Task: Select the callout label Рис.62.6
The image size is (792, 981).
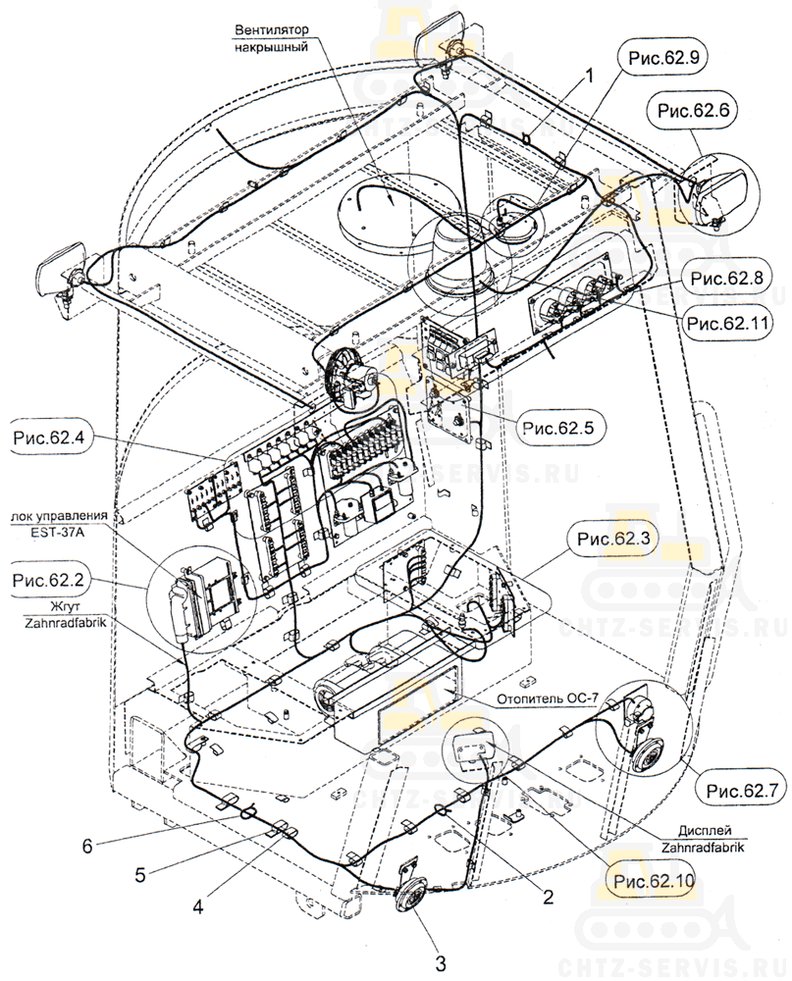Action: click(x=695, y=111)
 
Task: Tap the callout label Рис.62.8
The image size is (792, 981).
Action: click(x=725, y=279)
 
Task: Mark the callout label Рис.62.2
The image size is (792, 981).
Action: click(x=49, y=581)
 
